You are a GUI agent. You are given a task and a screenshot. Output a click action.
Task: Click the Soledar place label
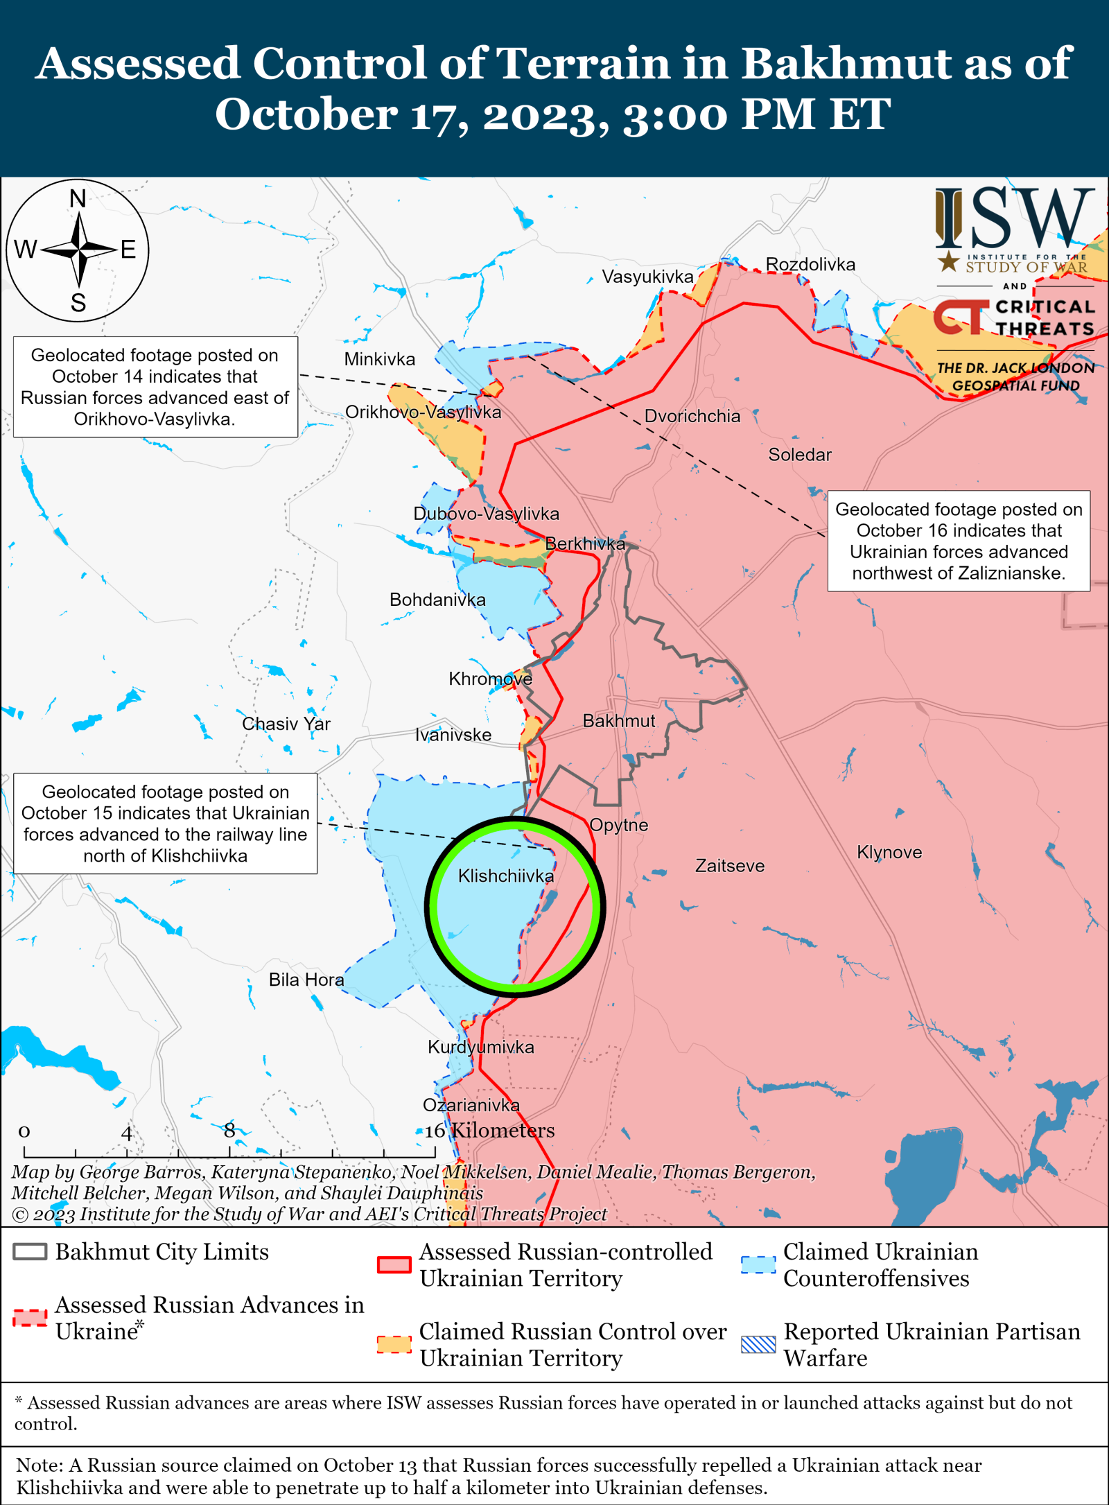(799, 455)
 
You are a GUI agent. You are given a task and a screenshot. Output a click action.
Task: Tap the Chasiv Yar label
(286, 724)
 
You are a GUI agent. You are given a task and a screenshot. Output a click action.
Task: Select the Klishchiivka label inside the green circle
(506, 876)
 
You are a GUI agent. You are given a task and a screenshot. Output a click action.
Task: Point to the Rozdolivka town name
(810, 265)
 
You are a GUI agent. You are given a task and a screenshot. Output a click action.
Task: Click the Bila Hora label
(306, 980)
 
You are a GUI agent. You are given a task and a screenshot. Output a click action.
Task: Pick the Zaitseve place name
(730, 866)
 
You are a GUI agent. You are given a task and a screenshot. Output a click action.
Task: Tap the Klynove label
(889, 852)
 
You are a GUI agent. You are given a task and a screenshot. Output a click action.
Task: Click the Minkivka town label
(380, 359)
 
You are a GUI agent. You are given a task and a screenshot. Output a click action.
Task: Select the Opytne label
(619, 825)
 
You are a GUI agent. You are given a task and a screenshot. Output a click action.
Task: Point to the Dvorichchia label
(692, 416)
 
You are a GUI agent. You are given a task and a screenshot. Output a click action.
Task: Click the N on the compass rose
(78, 199)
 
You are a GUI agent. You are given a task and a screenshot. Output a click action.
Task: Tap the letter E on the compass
(128, 250)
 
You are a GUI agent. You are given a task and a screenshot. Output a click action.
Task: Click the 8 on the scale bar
(229, 1130)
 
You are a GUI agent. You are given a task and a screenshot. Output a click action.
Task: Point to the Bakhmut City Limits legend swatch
(30, 1252)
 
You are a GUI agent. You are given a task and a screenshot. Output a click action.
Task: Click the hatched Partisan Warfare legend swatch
(758, 1344)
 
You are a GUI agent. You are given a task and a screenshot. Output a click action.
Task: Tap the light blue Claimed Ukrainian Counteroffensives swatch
(758, 1264)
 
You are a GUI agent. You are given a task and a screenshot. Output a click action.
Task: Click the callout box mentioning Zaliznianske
(959, 541)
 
